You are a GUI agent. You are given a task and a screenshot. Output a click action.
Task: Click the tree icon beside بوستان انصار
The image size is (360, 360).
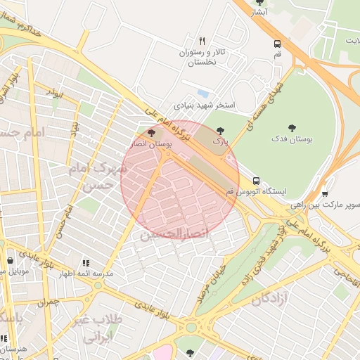coord(151,132)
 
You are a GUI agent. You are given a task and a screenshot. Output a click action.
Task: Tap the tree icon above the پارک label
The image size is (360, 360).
coord(221,131)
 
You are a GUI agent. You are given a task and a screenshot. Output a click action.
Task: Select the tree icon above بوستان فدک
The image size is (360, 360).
coord(292,127)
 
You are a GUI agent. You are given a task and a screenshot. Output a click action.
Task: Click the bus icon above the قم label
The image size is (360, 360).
coord(278,43)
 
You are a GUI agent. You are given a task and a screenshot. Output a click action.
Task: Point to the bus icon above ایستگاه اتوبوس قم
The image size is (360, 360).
coord(256,180)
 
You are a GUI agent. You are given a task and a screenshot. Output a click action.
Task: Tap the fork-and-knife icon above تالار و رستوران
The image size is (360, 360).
coord(202,41)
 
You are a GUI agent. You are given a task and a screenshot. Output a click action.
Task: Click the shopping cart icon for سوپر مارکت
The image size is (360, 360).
coord(325,194)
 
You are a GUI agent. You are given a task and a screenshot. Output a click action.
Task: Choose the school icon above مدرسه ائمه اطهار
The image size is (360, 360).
coord(85,263)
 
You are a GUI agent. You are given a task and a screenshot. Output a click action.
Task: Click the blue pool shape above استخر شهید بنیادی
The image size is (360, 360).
coord(203,93)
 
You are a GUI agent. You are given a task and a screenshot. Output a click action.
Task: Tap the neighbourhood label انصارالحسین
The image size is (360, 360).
coord(175,233)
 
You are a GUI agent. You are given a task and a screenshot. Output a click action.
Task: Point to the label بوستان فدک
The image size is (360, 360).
coord(291,139)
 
